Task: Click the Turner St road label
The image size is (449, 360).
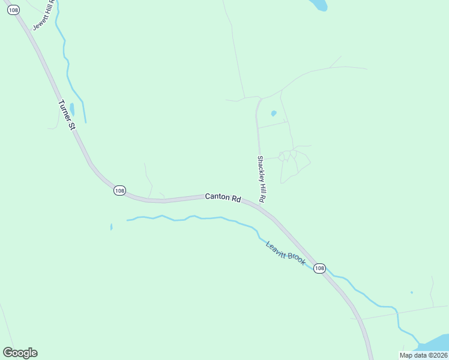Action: (x=67, y=115)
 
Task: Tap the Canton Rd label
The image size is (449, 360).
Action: (x=223, y=197)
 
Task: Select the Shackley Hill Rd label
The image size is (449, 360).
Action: (x=261, y=178)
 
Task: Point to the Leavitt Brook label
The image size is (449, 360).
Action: (x=286, y=252)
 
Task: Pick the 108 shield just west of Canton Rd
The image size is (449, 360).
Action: (x=119, y=190)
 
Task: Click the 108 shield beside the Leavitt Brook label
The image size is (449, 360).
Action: (x=319, y=268)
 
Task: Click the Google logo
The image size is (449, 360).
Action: (x=20, y=353)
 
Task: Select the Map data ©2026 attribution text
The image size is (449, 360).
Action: (x=423, y=355)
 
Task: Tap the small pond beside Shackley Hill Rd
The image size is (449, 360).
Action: (x=274, y=113)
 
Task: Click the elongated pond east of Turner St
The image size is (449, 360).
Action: (x=72, y=109)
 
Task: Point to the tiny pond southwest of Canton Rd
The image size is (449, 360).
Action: (x=111, y=227)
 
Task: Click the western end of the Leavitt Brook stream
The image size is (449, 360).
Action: (x=128, y=220)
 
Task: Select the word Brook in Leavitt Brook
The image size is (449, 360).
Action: (x=295, y=259)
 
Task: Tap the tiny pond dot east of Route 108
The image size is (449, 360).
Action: (x=411, y=293)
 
